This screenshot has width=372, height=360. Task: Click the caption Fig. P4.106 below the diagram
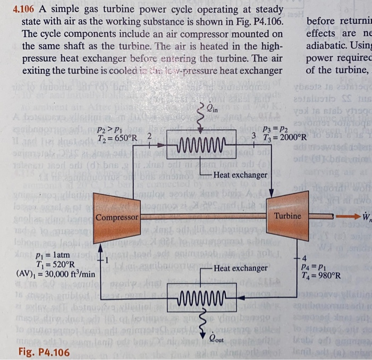click(x=43, y=338)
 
